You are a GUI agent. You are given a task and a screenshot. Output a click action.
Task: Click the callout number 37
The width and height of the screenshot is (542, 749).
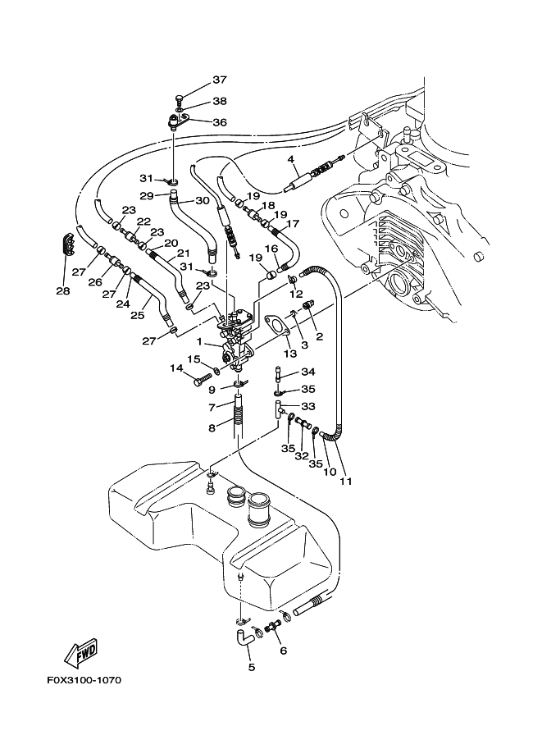(x=219, y=80)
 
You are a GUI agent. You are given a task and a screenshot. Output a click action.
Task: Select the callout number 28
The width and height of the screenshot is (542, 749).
(x=63, y=290)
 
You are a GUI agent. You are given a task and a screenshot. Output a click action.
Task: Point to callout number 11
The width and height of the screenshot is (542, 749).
(x=346, y=481)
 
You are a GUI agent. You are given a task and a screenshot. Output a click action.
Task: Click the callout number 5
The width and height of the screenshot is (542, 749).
(x=252, y=668)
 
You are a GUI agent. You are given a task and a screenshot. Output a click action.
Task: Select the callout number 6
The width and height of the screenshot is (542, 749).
(x=284, y=651)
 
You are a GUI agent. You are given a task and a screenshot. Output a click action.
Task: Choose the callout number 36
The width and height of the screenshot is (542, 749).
(x=219, y=122)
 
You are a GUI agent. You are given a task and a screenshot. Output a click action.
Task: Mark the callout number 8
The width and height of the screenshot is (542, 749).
(x=211, y=427)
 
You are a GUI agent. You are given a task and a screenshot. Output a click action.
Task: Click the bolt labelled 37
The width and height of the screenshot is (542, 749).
(x=180, y=98)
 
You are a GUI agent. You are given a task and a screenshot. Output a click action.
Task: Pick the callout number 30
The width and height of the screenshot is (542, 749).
(x=203, y=200)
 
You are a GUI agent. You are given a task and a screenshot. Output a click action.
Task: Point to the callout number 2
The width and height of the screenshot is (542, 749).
(x=320, y=336)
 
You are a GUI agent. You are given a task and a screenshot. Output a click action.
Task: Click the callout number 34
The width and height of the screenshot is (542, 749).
(x=308, y=372)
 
